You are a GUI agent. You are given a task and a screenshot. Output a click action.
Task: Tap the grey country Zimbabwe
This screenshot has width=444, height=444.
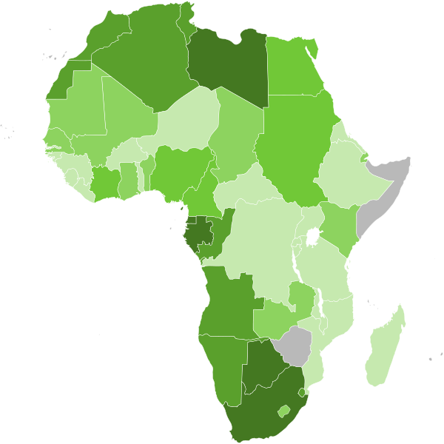(x=295, y=345)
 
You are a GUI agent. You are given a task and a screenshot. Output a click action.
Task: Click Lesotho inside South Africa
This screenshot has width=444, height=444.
(x=283, y=410)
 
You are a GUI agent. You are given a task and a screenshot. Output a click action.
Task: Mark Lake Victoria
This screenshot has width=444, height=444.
(x=313, y=238)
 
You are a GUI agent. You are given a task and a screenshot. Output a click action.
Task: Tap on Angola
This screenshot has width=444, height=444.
(x=225, y=303)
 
